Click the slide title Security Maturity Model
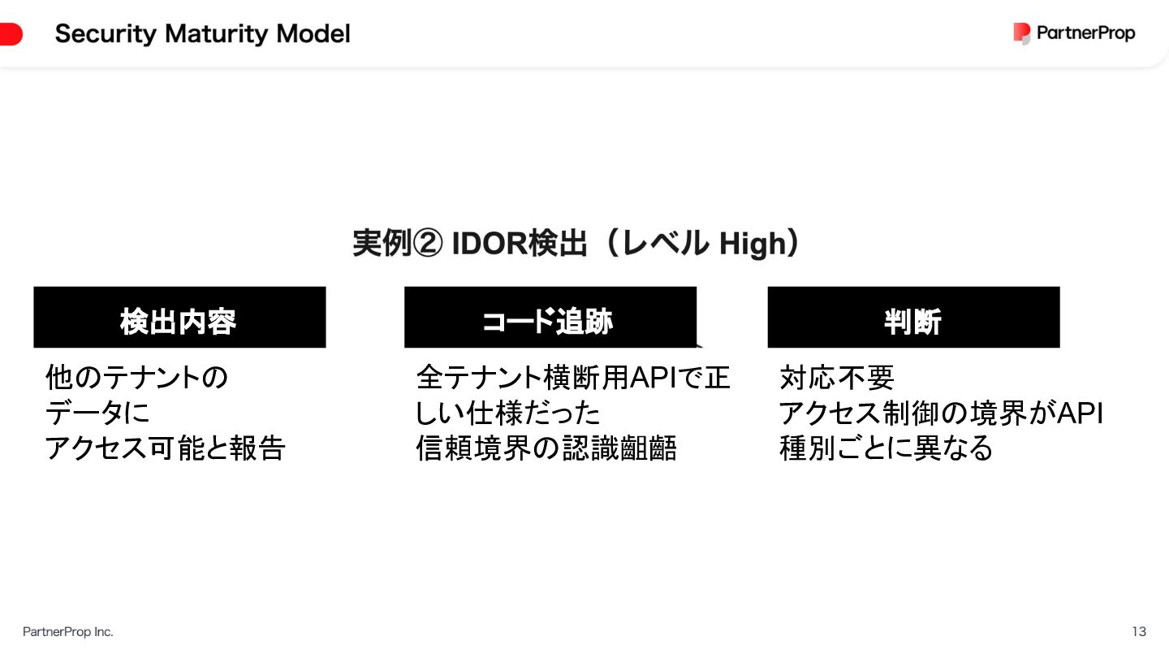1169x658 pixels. pos(202,34)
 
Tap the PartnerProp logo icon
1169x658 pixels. pos(1021,33)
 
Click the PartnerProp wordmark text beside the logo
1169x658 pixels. pos(1085,33)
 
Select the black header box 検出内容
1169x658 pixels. pos(179,318)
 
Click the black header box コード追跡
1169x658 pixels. pos(550,318)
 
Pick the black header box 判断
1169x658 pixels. pos(913,318)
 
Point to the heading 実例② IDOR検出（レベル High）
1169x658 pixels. pos(576,244)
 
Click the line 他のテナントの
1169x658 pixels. pos(136,377)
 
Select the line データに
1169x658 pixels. pos(97,413)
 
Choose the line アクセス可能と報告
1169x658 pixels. pos(165,448)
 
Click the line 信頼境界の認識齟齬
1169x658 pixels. pos(546,448)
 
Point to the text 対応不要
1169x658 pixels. pos(836,377)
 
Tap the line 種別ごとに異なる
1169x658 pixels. pos(886,448)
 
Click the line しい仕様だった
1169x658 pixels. pos(508,413)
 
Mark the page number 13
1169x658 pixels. pos(1139,631)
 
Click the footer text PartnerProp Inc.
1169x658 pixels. pos(68,631)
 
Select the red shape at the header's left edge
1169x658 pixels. pos(11,34)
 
